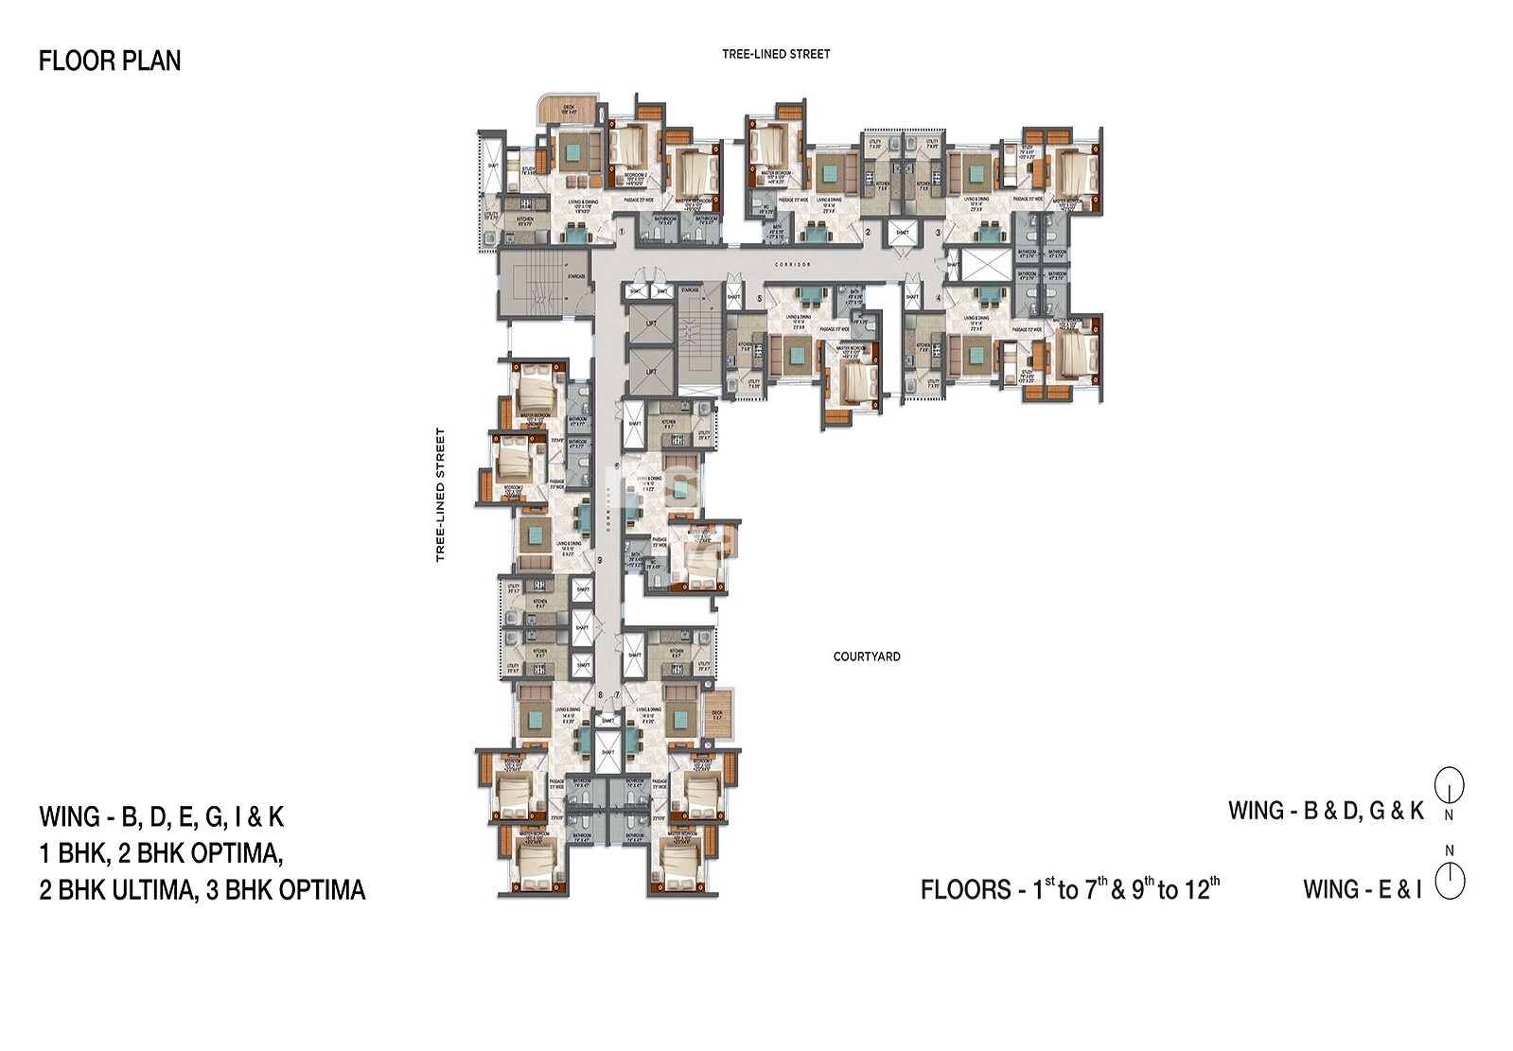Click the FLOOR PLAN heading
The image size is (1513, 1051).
pyautogui.click(x=110, y=61)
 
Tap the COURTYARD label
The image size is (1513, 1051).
pyautogui.click(x=866, y=657)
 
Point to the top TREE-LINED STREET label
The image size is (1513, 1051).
pyautogui.click(x=776, y=54)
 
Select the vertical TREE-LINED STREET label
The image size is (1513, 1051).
pyautogui.click(x=440, y=495)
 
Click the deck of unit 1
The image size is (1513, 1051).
pyautogui.click(x=569, y=109)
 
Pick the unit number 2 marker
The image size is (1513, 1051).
pyautogui.click(x=868, y=233)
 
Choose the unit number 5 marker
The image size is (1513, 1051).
pyautogui.click(x=760, y=299)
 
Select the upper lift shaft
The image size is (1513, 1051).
pyautogui.click(x=651, y=324)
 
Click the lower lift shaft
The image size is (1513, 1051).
pyautogui.click(x=651, y=371)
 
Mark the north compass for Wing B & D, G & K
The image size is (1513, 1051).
pyautogui.click(x=1450, y=784)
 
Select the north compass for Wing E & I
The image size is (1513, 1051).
pyautogui.click(x=1450, y=881)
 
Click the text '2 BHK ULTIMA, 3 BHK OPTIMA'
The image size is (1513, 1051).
pyautogui.click(x=202, y=890)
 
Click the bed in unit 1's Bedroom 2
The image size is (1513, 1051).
pyautogui.click(x=627, y=147)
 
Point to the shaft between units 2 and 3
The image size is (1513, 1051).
pyautogui.click(x=902, y=232)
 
